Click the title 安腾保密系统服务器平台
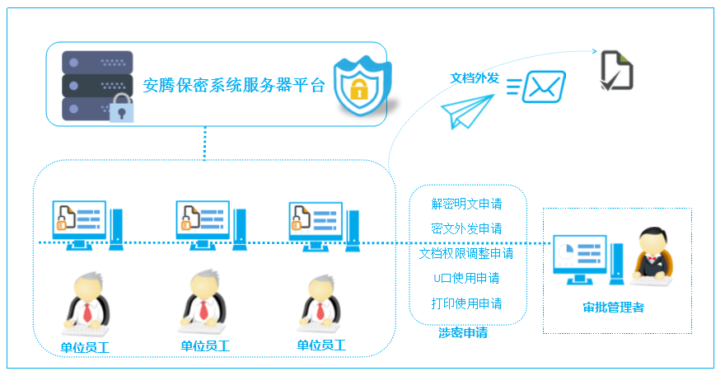point(234,85)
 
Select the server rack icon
point(97,87)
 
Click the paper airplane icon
point(467,111)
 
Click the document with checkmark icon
point(616,71)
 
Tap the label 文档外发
point(475,78)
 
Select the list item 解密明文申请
point(466,204)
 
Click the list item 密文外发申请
point(466,228)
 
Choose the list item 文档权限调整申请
point(466,253)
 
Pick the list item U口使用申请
point(466,279)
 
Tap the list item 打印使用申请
point(466,303)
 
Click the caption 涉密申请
point(463,332)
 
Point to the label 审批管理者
point(613,308)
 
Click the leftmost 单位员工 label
point(85,347)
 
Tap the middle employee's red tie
point(203,309)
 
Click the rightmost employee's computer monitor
point(316,226)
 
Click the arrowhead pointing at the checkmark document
point(595,51)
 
